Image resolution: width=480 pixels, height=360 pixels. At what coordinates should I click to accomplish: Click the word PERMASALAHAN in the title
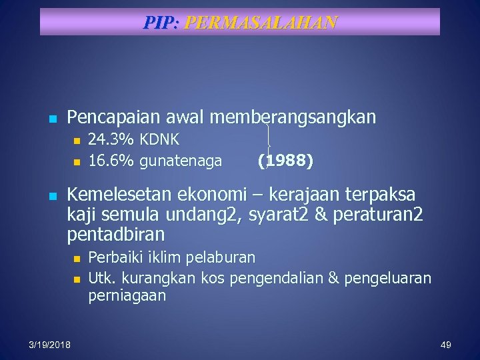pyautogui.click(x=261, y=23)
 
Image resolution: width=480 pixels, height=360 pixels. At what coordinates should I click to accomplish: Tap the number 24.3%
pyautogui.click(x=111, y=141)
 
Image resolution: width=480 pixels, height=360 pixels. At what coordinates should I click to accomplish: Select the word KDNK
pyautogui.click(x=159, y=141)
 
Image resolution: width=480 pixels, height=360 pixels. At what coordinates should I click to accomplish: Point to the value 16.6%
pyautogui.click(x=111, y=161)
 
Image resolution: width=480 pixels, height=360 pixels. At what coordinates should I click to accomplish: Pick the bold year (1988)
pyautogui.click(x=285, y=161)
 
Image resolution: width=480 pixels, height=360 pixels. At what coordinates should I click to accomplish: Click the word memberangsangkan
pyautogui.click(x=293, y=118)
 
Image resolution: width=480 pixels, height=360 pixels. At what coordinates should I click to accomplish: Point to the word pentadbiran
pyautogui.click(x=116, y=235)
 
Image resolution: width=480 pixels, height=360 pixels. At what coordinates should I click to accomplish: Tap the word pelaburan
pyautogui.click(x=222, y=257)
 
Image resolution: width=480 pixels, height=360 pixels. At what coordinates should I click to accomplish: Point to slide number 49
pyautogui.click(x=446, y=344)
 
